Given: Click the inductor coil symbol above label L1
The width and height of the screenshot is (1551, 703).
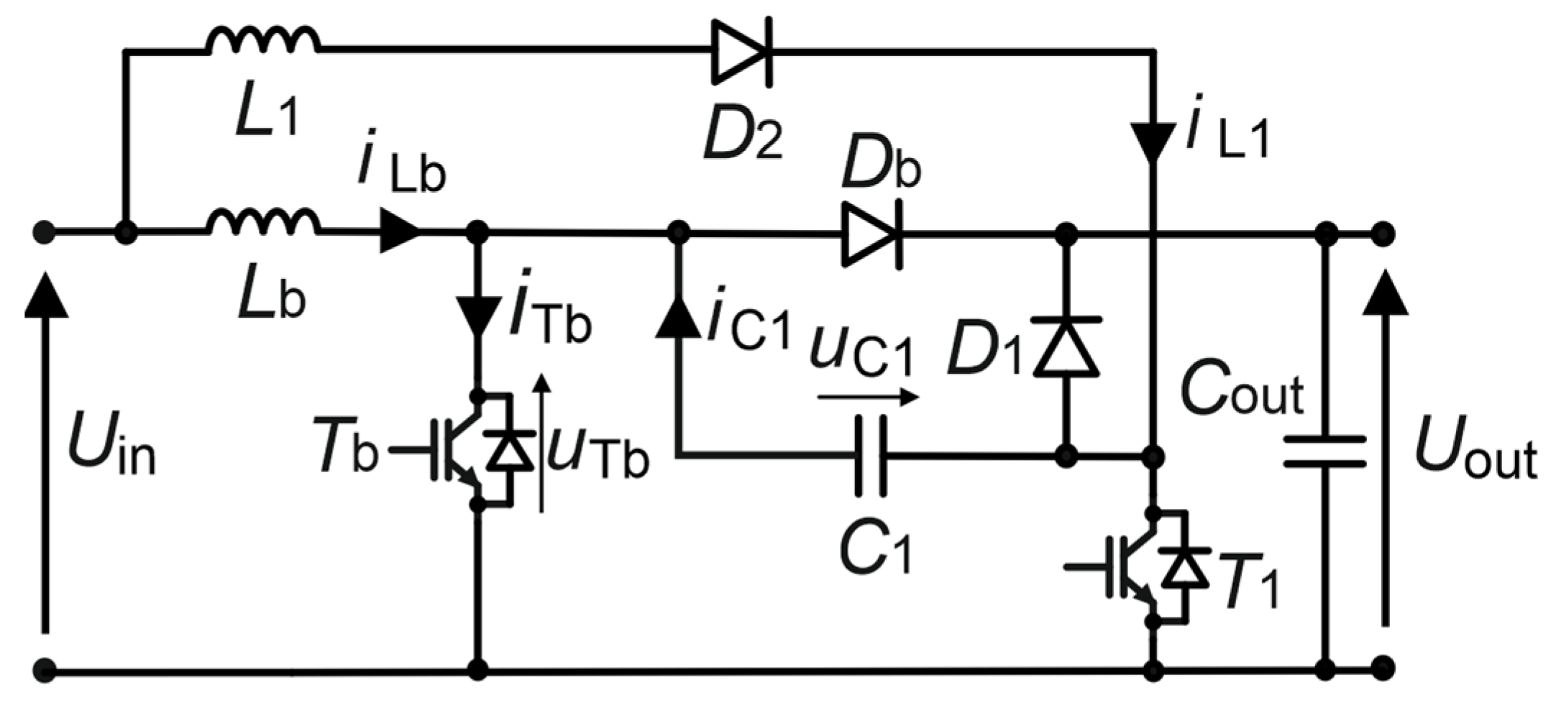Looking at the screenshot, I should pos(263,41).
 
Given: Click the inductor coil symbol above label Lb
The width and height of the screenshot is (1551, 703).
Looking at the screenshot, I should pos(263,222).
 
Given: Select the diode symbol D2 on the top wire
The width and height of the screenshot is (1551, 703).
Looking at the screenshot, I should pos(741,52).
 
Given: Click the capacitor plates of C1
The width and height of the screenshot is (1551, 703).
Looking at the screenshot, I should pos(871,456).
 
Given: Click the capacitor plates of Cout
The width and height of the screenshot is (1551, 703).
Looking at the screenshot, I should pos(1324,451).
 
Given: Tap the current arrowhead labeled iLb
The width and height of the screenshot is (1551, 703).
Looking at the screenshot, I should pos(399,231).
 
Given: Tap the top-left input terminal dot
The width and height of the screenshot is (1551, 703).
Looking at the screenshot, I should pos(45,232).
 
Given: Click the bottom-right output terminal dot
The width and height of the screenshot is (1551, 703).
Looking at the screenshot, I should pos(1381,668).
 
